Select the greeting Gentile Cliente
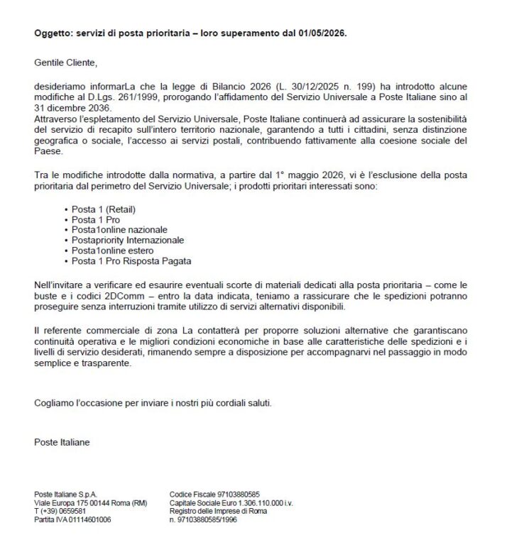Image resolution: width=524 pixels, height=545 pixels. pyautogui.click(x=65, y=62)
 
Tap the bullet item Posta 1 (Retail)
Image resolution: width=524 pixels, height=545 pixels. pyautogui.click(x=103, y=210)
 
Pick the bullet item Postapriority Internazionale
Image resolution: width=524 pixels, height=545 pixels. pyautogui.click(x=127, y=241)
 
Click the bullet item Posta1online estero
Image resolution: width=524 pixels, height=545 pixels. pyautogui.click(x=112, y=251)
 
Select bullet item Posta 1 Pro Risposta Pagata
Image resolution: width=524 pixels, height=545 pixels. pyautogui.click(x=131, y=261)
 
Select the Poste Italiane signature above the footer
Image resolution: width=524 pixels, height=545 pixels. pyautogui.click(x=62, y=442)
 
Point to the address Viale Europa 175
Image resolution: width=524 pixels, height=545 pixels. pyautogui.click(x=63, y=502)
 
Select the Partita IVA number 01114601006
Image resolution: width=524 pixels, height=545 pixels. pyautogui.click(x=90, y=519)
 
